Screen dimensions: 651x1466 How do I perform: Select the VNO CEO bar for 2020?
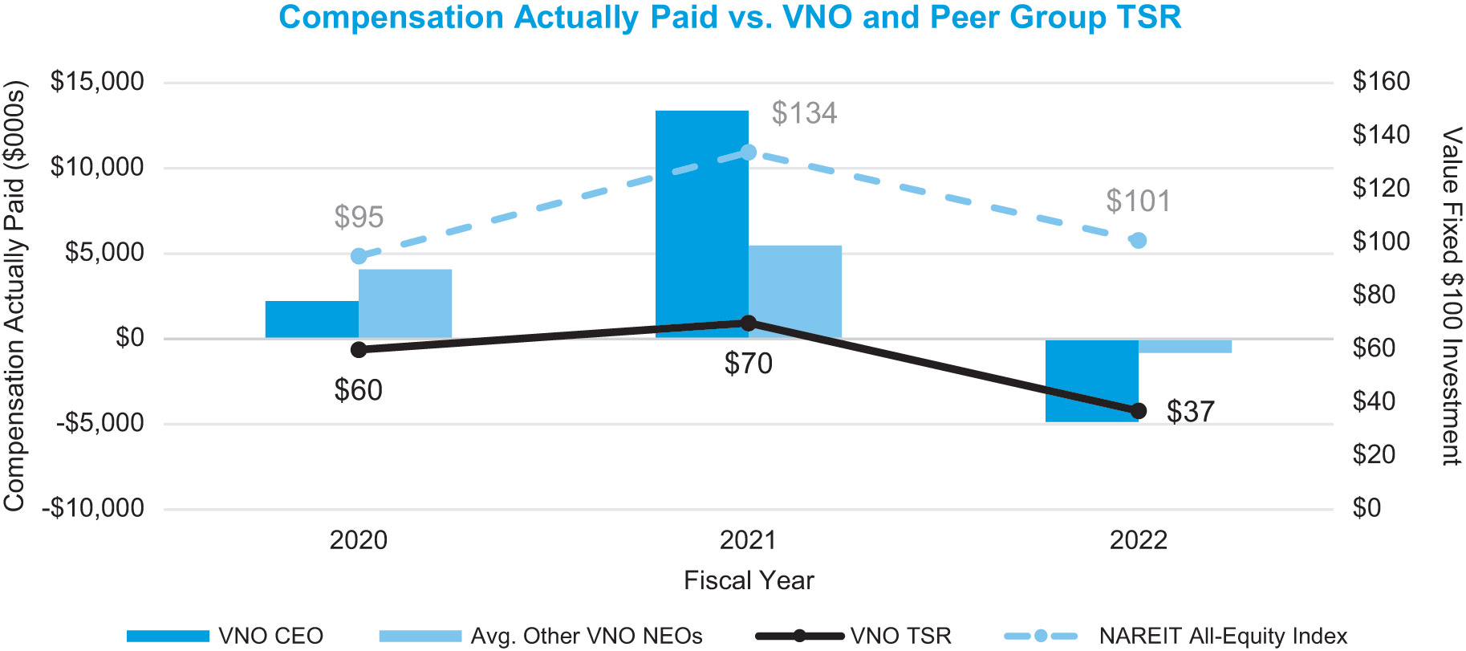[311, 319]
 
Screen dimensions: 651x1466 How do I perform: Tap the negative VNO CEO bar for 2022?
[1091, 380]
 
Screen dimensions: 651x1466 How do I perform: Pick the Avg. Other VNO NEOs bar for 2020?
[405, 303]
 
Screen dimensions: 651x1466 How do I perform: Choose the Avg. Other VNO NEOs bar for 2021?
[795, 291]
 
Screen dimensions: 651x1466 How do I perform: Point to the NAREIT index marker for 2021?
[748, 153]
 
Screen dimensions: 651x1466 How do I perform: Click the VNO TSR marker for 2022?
[1138, 411]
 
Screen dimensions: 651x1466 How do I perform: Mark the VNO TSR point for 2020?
[359, 349]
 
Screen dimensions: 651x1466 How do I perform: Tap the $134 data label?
[804, 113]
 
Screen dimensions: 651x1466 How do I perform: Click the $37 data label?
[1190, 412]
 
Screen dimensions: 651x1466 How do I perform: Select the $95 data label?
[359, 217]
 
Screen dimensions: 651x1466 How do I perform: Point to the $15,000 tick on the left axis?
[97, 82]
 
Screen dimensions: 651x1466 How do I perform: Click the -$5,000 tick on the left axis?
[99, 423]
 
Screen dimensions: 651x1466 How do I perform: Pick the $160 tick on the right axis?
[1381, 81]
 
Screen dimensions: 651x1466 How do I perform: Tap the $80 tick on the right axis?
[1374, 295]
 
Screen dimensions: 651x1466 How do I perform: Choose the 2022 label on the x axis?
[1138, 540]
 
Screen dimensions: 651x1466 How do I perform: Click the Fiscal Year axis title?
[749, 580]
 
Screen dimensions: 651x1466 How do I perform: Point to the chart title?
[729, 18]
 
